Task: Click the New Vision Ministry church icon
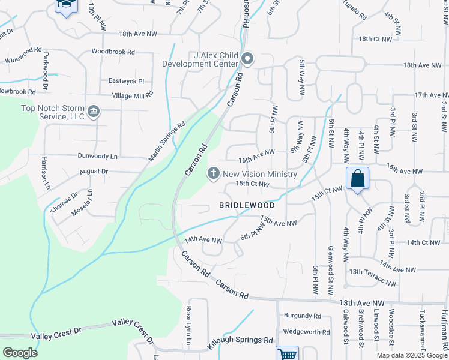213,174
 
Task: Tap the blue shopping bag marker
357,179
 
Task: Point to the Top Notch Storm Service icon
94,111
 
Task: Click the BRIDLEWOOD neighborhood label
247,205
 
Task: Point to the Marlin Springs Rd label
167,142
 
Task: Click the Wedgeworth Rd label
306,331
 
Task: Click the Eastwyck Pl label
127,81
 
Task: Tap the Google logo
20,353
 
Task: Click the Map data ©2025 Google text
411,355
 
